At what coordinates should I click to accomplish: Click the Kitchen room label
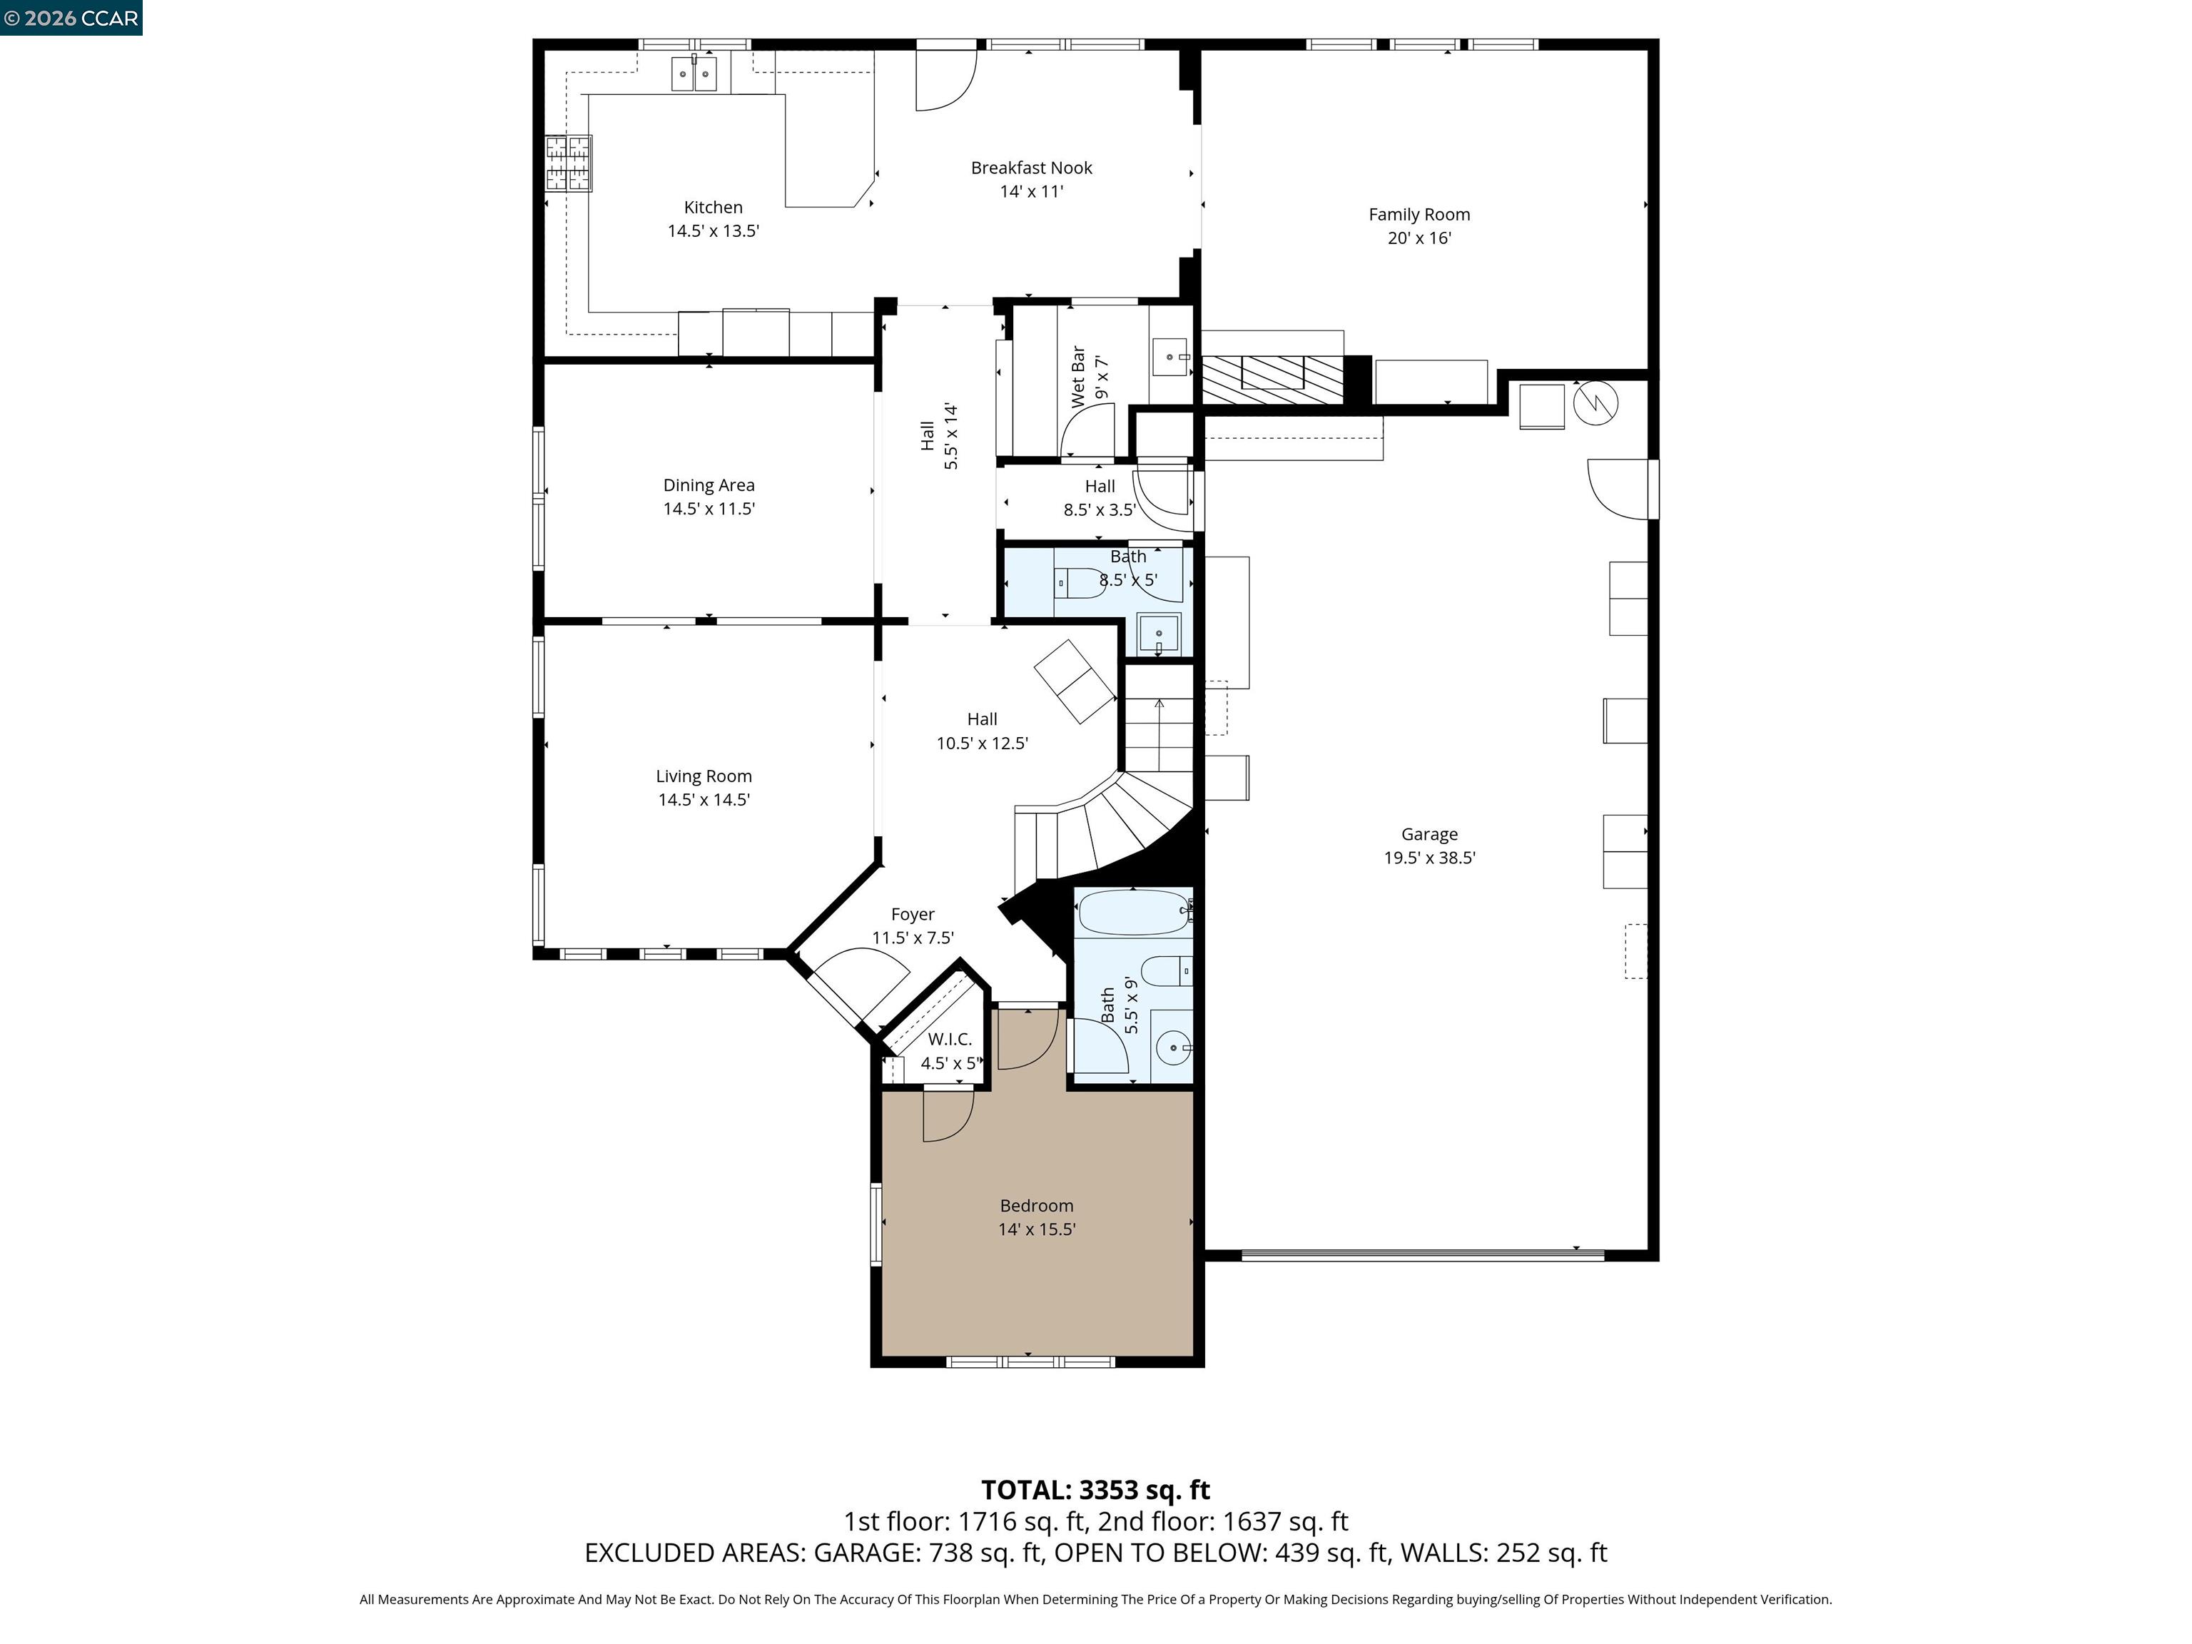(713, 207)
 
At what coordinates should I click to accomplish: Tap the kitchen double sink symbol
(694, 73)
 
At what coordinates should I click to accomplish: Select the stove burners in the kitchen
(569, 163)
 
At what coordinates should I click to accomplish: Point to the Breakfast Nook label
(1030, 168)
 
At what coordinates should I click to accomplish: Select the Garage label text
(1429, 834)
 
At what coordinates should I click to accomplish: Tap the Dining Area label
(709, 484)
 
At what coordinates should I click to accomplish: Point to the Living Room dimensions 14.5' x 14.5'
(704, 800)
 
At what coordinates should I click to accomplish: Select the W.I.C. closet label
(949, 1040)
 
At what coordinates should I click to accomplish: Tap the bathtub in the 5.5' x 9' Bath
(1132, 910)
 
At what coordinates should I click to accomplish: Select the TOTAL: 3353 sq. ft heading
(1095, 1489)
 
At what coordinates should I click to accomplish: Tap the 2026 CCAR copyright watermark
(71, 18)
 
